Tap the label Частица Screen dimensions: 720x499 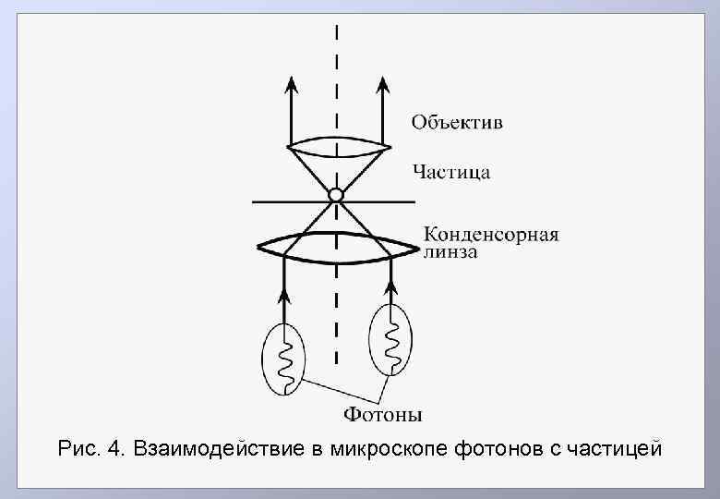coord(451,172)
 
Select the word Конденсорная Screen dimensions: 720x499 coord(491,234)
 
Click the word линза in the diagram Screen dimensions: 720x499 coord(450,252)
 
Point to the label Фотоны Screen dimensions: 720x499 coord(385,415)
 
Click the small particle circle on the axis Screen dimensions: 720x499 coord(335,196)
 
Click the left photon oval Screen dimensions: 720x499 coord(282,359)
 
